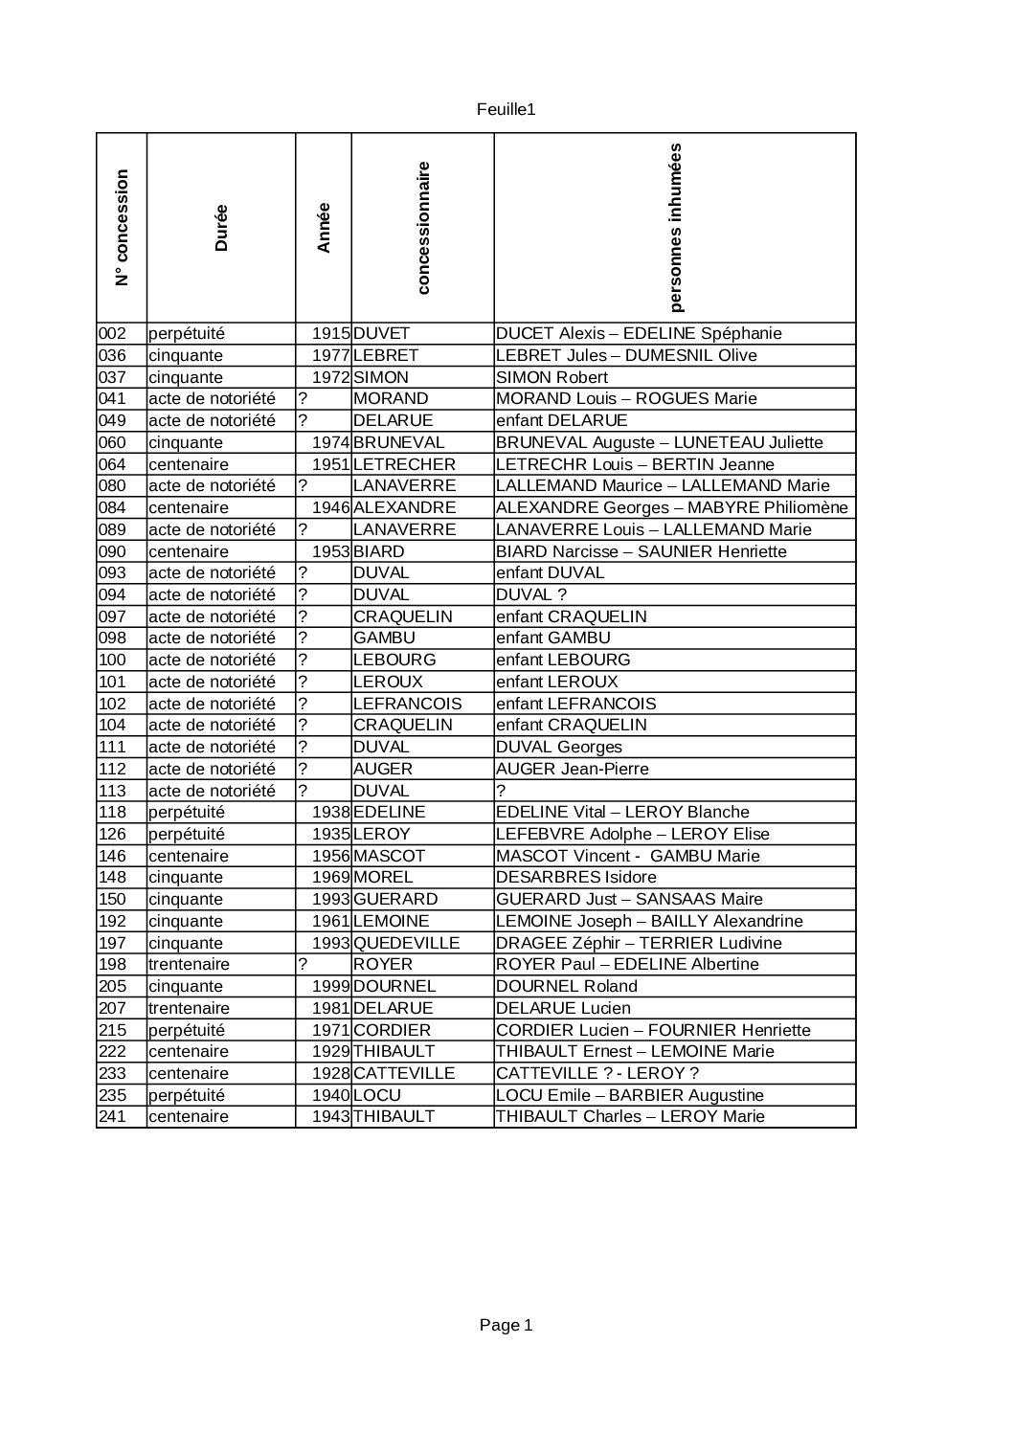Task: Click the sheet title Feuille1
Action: [x=506, y=109]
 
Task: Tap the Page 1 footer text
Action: [x=506, y=1325]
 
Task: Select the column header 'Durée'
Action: [x=221, y=228]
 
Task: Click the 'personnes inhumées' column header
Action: [x=675, y=228]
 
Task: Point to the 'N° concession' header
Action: [x=122, y=228]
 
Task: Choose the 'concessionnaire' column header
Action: [x=422, y=228]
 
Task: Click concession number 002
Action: [x=112, y=334]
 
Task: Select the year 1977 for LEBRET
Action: [x=331, y=356]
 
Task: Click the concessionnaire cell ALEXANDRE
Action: [x=404, y=508]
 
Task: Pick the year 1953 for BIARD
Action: [x=331, y=552]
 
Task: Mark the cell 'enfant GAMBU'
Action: [x=552, y=638]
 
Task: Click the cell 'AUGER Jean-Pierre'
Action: [x=572, y=769]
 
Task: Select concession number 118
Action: [x=112, y=813]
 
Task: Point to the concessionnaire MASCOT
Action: [x=389, y=856]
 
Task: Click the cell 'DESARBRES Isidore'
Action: [x=575, y=878]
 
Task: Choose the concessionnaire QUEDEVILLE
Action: [x=406, y=943]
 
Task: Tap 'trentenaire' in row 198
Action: [x=189, y=965]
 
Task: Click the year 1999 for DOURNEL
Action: [x=331, y=986]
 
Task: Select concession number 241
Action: [x=112, y=1117]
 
